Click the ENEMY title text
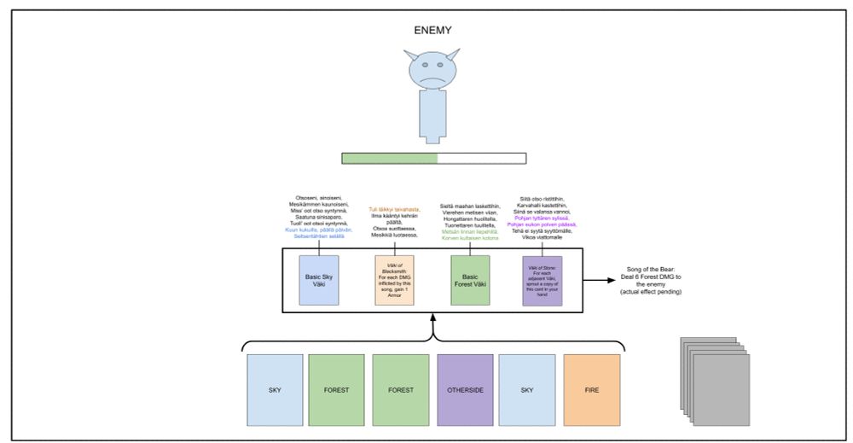(432, 31)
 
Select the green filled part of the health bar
(389, 158)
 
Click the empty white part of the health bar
(481, 158)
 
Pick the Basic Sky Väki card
(320, 279)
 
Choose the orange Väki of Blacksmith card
(394, 279)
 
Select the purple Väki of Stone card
(543, 279)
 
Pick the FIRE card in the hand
(591, 390)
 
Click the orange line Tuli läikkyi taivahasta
(394, 209)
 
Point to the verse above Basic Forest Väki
(468, 221)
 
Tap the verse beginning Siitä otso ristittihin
(543, 217)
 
